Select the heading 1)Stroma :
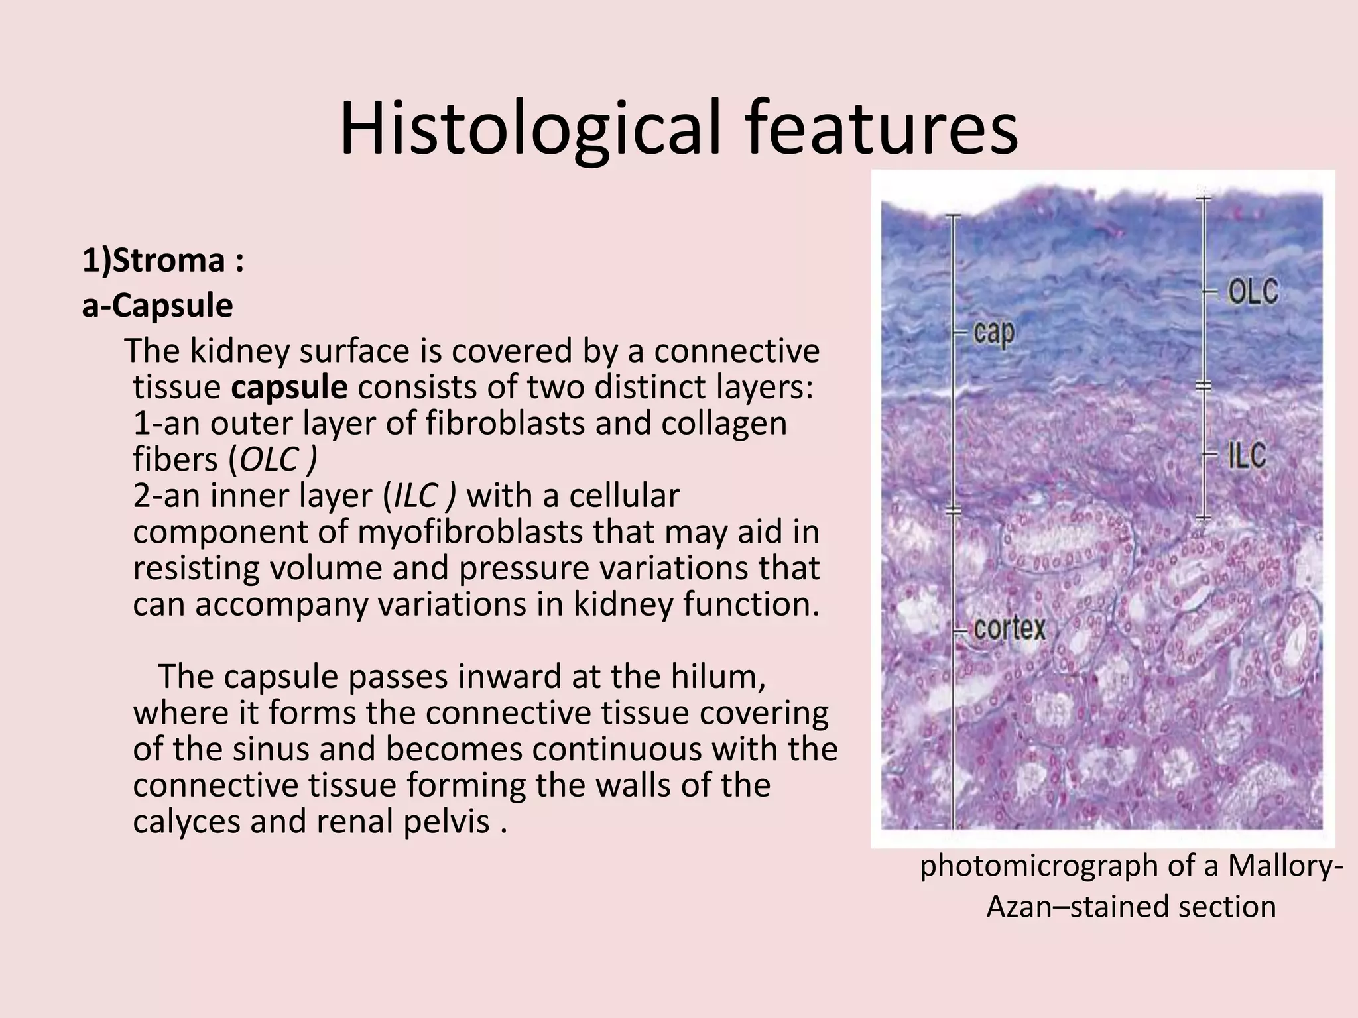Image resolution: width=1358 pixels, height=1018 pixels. click(x=162, y=260)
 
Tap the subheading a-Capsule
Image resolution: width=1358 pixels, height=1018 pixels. click(x=157, y=306)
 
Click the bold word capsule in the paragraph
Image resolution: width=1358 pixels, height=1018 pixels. click(x=289, y=387)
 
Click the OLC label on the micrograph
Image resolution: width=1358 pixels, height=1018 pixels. click(x=1253, y=292)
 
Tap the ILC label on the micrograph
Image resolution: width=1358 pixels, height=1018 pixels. click(x=1247, y=456)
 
